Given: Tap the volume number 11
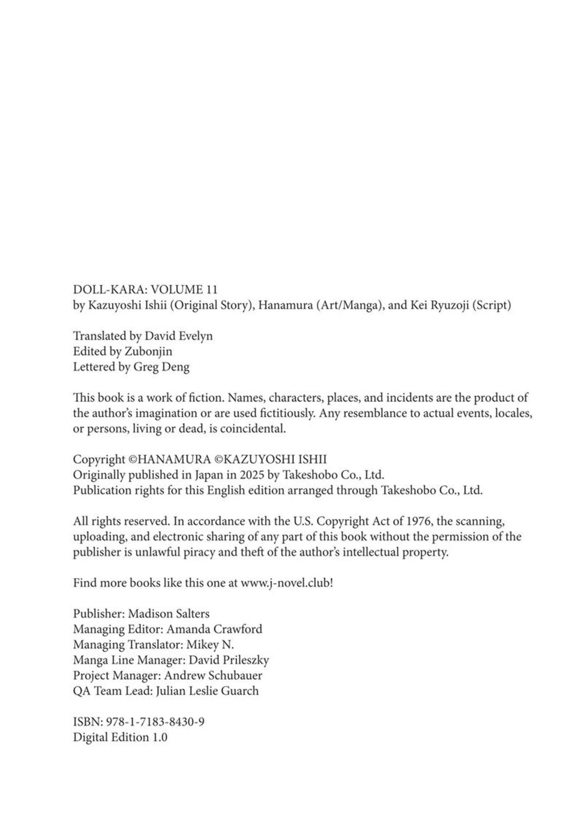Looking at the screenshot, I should click(211, 290).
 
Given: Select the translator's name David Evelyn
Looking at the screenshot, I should click(179, 336).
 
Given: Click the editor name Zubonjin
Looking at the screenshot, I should click(148, 351).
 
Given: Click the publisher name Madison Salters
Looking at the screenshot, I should click(169, 614).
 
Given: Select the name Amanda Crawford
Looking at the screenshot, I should click(214, 629).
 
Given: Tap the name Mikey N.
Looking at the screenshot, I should click(210, 645).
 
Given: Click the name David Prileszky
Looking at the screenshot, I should click(228, 660).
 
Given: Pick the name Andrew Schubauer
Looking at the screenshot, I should click(213, 676).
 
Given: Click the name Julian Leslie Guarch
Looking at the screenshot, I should click(207, 691).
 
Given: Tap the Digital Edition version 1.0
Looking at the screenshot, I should click(160, 737).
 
